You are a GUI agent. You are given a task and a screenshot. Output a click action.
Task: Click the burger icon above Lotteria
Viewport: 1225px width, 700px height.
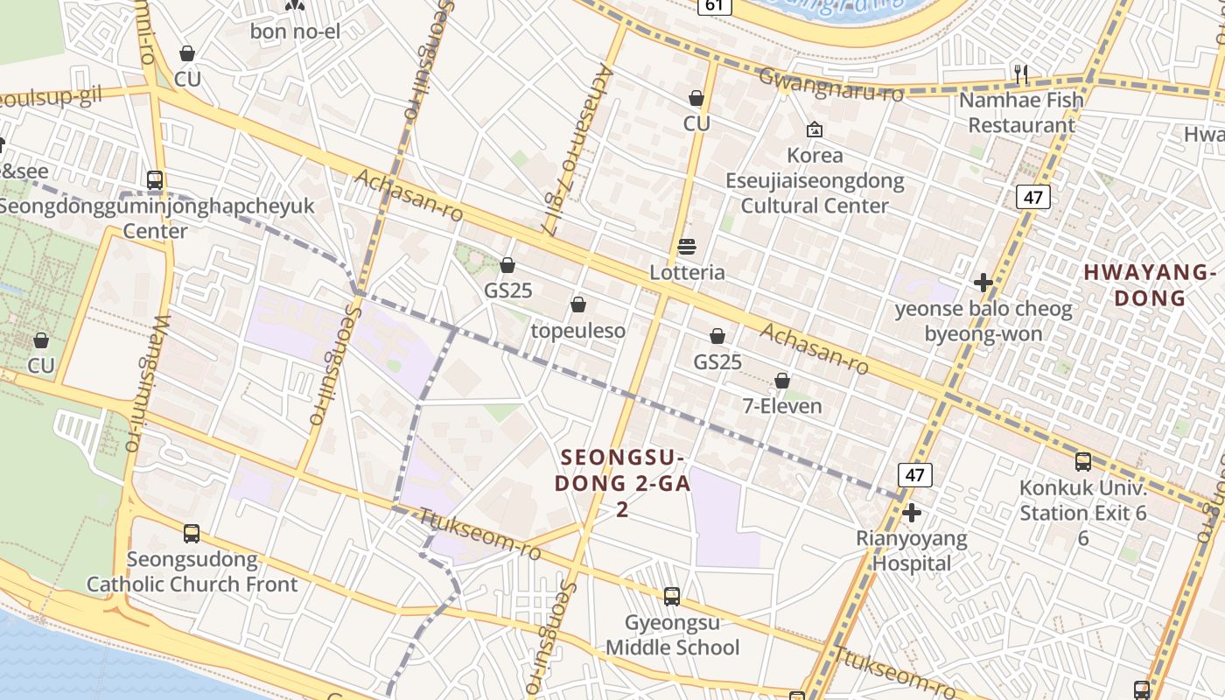tap(687, 247)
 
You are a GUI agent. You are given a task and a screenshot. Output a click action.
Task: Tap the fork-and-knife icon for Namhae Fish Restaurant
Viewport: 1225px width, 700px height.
tap(1020, 73)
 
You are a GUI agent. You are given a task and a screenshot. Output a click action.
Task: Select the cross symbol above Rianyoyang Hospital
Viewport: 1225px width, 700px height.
tap(912, 513)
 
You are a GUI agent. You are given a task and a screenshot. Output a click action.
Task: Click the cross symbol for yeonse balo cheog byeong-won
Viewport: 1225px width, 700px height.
tap(983, 283)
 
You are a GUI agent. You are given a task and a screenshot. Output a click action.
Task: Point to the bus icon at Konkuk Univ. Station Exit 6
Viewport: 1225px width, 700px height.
tap(1082, 462)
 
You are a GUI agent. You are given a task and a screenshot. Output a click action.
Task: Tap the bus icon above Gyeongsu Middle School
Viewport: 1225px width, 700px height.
tap(672, 597)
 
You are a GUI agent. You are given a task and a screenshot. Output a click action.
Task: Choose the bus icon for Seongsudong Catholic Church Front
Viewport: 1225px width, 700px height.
tap(192, 534)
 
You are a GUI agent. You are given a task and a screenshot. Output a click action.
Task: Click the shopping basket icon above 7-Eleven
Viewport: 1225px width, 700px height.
tap(782, 381)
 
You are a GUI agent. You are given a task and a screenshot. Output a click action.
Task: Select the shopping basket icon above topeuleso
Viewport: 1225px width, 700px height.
tap(577, 304)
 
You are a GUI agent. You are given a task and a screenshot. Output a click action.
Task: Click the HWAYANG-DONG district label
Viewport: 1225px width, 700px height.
tap(1150, 285)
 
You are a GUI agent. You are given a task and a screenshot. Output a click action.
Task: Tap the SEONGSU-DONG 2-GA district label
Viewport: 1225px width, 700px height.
tap(623, 482)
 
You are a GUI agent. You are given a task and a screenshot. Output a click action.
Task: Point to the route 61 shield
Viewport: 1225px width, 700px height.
tap(715, 6)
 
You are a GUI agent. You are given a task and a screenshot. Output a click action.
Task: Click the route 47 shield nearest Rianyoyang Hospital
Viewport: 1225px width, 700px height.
tap(914, 475)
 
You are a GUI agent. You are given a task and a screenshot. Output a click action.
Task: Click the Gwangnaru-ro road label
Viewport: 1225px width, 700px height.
tap(830, 85)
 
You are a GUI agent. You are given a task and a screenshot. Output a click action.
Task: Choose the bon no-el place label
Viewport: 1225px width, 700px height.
tap(295, 31)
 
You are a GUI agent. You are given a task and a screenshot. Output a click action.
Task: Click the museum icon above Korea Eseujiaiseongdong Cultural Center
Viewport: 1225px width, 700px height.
tap(815, 129)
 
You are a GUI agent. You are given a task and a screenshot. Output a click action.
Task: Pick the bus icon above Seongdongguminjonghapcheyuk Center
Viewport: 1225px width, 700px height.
tap(155, 181)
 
